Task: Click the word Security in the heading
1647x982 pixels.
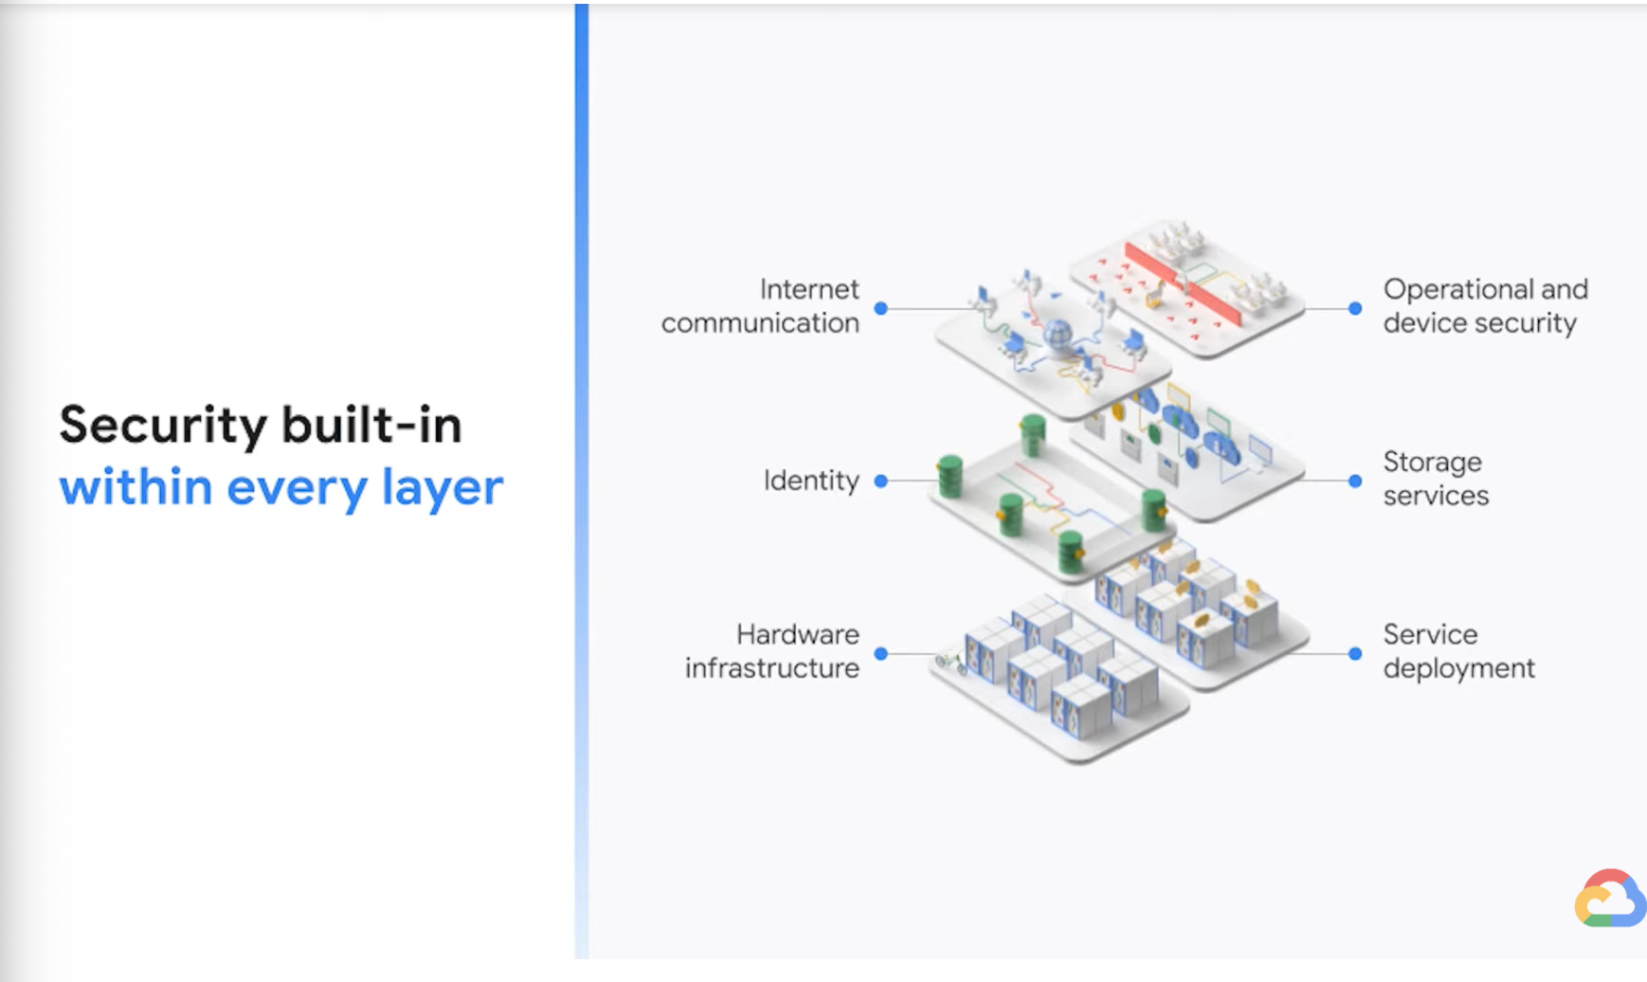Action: coord(163,425)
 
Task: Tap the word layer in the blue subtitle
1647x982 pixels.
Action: coord(442,487)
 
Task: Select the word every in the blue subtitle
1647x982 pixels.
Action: coord(297,487)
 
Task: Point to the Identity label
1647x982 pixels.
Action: coord(811,481)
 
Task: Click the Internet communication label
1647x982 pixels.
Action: coord(761,306)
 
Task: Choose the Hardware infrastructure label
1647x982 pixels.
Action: coord(772,651)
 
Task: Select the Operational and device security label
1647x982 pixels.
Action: coord(1484,306)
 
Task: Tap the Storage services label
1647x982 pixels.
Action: coord(1435,479)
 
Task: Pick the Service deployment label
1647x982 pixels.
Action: coord(1457,651)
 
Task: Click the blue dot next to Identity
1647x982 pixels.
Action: coord(881,482)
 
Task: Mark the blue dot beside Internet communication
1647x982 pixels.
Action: coord(881,308)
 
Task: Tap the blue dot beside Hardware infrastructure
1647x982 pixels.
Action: coord(881,654)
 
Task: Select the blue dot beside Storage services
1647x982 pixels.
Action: coord(1355,482)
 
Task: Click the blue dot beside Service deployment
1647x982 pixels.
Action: coord(1355,654)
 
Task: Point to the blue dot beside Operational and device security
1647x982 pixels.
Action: coord(1355,308)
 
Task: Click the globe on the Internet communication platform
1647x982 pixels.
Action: coord(1057,334)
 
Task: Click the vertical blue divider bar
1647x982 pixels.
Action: coord(582,474)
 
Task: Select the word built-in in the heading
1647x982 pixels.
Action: coord(371,425)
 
